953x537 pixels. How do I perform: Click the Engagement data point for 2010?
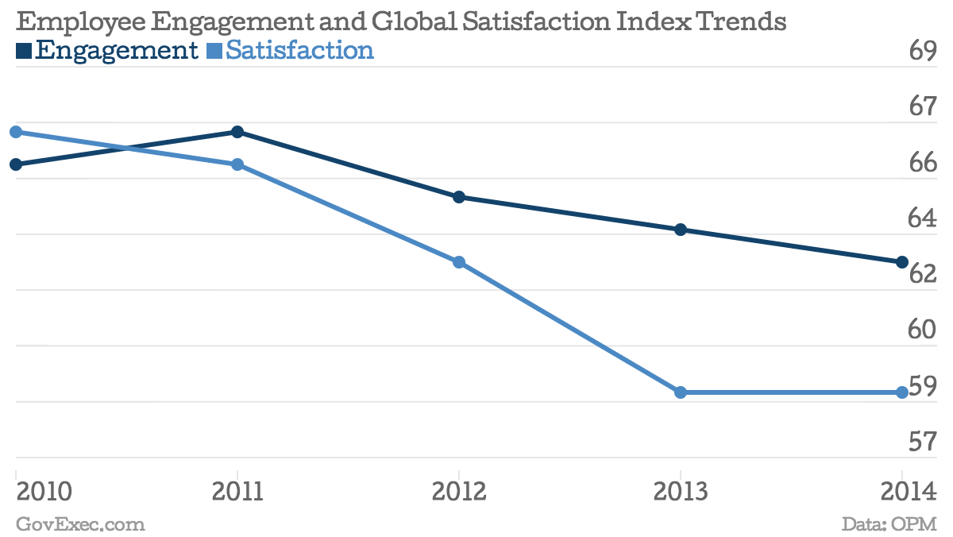tap(16, 164)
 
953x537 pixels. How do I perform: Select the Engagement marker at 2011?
tap(237, 132)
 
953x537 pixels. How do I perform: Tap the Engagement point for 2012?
tap(459, 197)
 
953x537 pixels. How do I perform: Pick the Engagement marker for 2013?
tap(681, 230)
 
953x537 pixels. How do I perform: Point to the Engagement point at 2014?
tap(902, 262)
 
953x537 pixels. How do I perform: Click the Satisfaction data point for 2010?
tap(16, 132)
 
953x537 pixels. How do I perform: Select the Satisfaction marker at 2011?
tap(237, 164)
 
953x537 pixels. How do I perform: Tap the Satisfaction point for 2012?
tap(459, 262)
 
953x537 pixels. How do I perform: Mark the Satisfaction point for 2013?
tap(681, 392)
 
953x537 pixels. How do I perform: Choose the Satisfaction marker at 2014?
tap(902, 392)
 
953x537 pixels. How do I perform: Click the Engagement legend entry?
tap(108, 51)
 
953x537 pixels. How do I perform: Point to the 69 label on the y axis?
tap(922, 52)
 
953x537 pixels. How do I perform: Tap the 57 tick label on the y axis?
tap(922, 442)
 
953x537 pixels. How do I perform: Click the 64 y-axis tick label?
tap(922, 218)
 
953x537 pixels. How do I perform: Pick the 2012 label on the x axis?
tap(459, 492)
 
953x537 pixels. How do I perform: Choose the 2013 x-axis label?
tap(681, 492)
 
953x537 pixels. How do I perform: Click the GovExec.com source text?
tap(80, 524)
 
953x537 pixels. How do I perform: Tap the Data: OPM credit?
tap(889, 524)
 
